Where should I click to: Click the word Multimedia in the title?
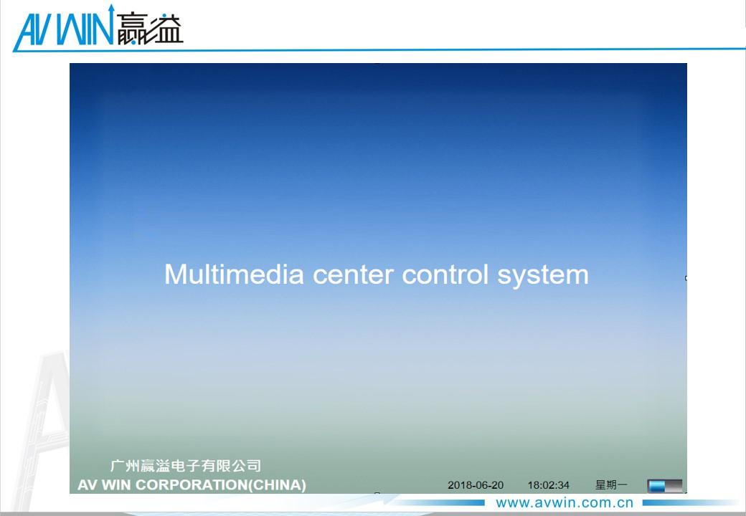tap(234, 274)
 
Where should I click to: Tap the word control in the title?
tap(445, 274)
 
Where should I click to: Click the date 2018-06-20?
tap(476, 485)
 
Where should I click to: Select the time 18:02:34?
tap(548, 485)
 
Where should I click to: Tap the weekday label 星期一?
tap(611, 484)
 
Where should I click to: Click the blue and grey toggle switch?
tap(665, 486)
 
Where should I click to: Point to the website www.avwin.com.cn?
tap(565, 502)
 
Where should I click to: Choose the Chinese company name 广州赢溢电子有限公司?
tap(186, 466)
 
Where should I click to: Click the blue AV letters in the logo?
tap(33, 29)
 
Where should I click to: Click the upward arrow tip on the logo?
tap(112, 5)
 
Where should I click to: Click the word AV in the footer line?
tap(88, 484)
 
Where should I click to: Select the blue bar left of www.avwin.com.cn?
tap(440, 502)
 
